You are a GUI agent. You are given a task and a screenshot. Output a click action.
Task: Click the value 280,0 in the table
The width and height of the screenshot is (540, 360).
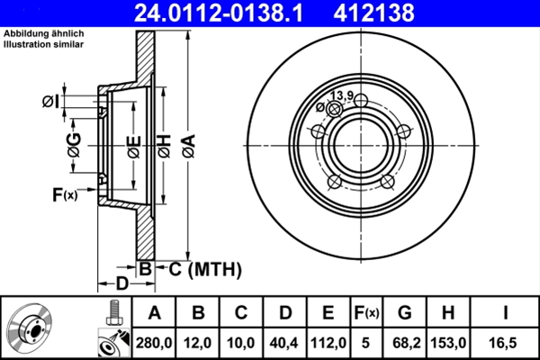pyautogui.click(x=154, y=342)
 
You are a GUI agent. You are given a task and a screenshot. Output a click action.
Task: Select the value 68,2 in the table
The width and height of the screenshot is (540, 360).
pyautogui.click(x=406, y=342)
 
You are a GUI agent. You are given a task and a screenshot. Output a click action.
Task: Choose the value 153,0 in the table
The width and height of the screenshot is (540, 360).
pyautogui.click(x=449, y=342)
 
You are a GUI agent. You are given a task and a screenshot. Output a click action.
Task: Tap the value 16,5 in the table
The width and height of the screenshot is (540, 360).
pyautogui.click(x=504, y=342)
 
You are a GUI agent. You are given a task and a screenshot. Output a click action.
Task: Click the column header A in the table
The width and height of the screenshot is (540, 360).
pyautogui.click(x=154, y=313)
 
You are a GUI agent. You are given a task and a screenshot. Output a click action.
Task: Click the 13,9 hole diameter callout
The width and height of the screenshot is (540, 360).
pyautogui.click(x=341, y=95)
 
